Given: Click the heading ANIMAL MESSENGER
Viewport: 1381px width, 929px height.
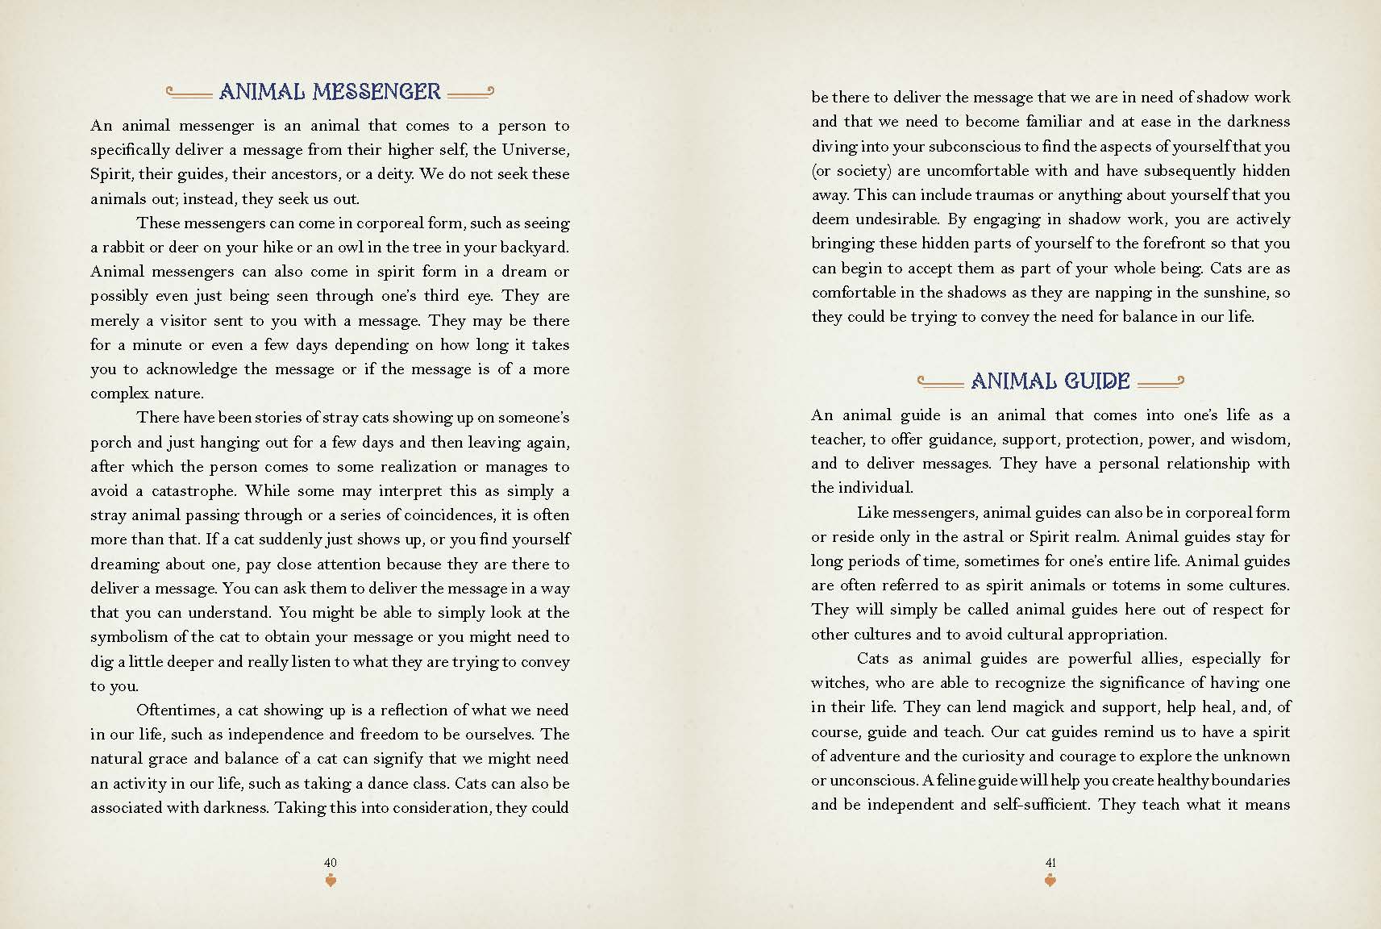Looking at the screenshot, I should tap(330, 92).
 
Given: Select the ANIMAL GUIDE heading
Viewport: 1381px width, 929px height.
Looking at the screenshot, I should tap(1050, 381).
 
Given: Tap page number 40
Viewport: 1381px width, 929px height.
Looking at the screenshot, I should tap(330, 862).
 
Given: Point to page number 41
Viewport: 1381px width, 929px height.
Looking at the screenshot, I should tap(1050, 862).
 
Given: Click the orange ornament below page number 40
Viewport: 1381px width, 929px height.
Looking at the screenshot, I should tap(330, 881).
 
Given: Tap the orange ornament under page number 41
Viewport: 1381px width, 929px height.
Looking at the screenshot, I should tap(1050, 881).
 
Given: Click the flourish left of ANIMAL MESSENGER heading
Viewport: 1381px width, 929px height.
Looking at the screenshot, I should tap(189, 93).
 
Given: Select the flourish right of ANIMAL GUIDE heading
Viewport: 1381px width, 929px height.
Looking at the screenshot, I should tap(1160, 381).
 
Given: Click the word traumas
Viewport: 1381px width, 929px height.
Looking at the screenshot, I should tap(1013, 194).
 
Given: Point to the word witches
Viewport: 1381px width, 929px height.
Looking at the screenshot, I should tap(838, 683).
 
